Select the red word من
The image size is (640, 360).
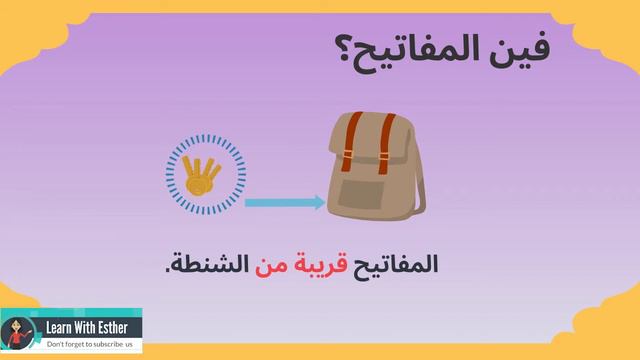(271, 266)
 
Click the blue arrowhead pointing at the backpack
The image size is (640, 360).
(318, 203)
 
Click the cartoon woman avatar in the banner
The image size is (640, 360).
(18, 333)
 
